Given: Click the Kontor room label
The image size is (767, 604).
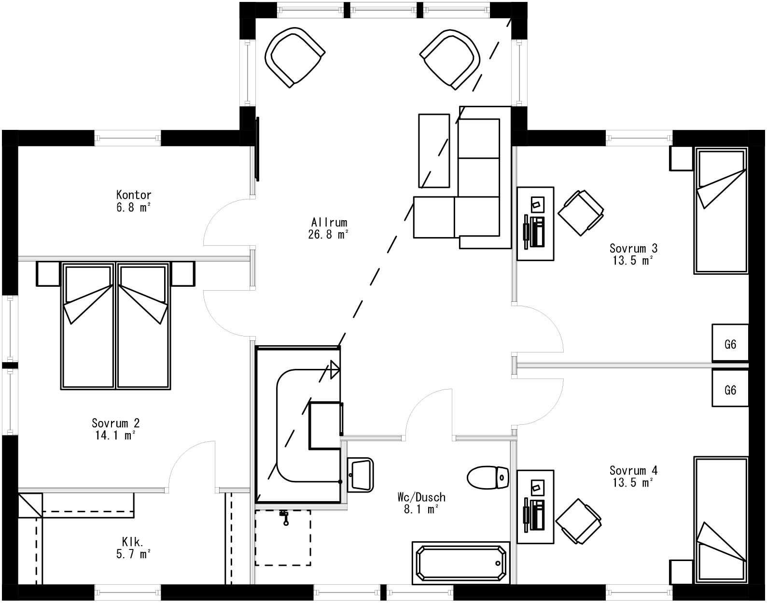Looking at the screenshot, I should [x=134, y=195].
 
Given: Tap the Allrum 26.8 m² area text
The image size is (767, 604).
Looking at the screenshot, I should [x=329, y=228].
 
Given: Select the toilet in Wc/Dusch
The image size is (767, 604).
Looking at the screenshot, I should [x=488, y=477].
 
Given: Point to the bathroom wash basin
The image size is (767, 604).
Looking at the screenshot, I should [x=360, y=474].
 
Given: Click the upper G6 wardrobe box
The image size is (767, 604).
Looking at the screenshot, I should [x=730, y=343].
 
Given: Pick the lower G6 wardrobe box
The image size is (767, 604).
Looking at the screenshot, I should [x=730, y=389].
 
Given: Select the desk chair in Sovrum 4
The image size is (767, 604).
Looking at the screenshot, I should [x=579, y=521].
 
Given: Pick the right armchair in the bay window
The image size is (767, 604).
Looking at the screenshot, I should [x=450, y=58].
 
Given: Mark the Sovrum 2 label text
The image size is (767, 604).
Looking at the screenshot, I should [x=116, y=423].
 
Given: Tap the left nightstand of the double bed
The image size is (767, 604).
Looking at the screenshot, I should [x=48, y=274].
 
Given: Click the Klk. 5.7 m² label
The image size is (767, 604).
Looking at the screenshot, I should [x=134, y=548].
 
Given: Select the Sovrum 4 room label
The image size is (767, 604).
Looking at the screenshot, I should [x=633, y=470].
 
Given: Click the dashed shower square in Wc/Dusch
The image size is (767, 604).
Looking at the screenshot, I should [x=283, y=537].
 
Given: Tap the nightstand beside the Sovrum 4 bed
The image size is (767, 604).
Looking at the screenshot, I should [x=681, y=572].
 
